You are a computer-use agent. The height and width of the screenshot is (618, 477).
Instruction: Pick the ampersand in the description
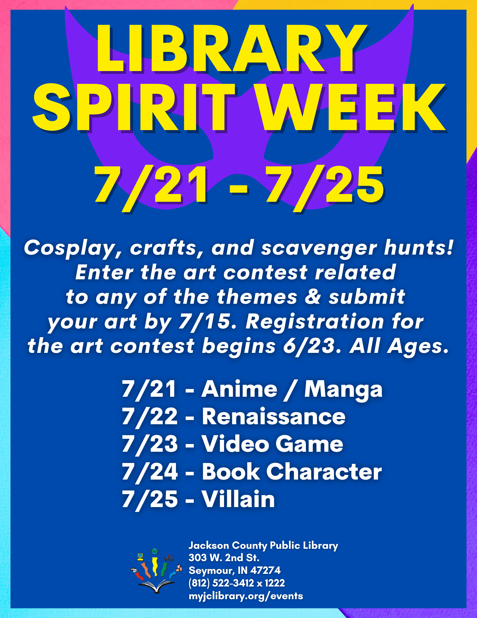(313, 297)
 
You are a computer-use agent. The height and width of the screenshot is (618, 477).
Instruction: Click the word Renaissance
(274, 417)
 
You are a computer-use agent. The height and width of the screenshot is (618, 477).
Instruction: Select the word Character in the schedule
(324, 472)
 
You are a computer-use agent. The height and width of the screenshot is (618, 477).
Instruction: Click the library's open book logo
(156, 571)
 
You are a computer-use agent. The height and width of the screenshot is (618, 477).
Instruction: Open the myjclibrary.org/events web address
(246, 596)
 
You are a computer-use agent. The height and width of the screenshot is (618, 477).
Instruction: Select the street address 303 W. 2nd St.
(224, 557)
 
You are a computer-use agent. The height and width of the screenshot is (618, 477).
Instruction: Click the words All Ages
(399, 346)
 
